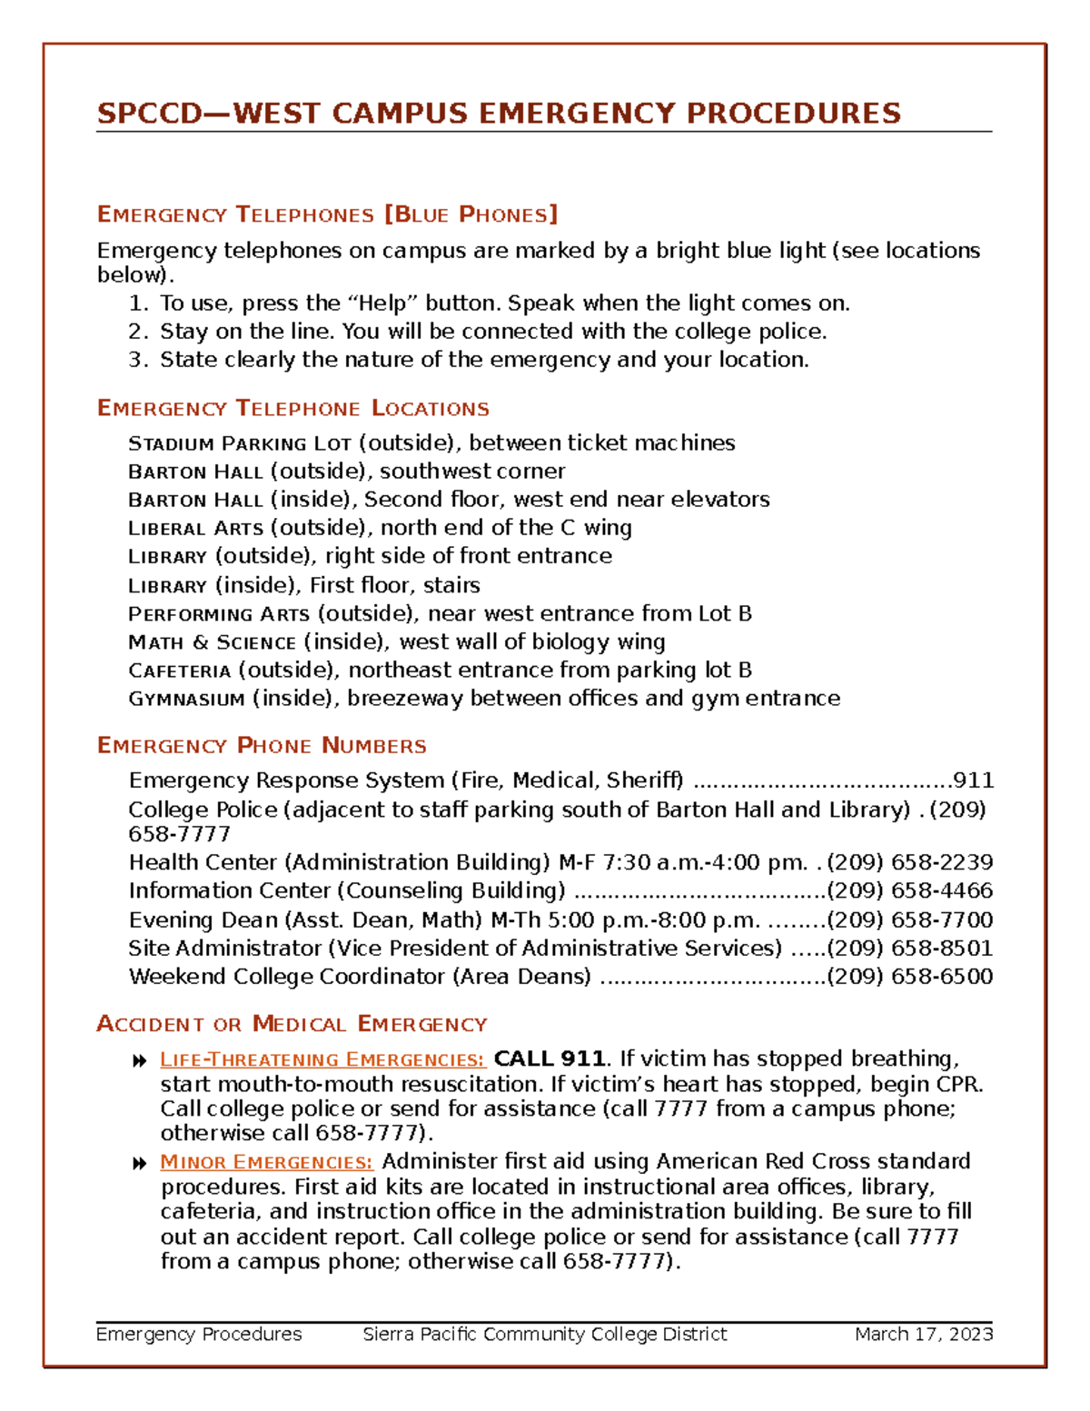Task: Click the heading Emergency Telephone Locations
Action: (x=292, y=409)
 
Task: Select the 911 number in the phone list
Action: (x=973, y=780)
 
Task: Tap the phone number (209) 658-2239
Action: (x=909, y=862)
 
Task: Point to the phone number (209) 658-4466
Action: (x=909, y=890)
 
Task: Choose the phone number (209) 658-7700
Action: (x=909, y=919)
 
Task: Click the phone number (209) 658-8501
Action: (x=909, y=948)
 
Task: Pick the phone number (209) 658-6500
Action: (x=909, y=977)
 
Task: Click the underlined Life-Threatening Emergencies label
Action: (x=322, y=1060)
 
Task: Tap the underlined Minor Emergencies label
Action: (x=266, y=1163)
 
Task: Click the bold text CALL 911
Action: (x=549, y=1059)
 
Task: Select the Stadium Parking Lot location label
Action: (x=240, y=443)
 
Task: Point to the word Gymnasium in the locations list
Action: (x=186, y=700)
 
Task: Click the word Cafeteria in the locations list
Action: (x=180, y=671)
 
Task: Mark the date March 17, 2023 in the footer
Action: (x=923, y=1334)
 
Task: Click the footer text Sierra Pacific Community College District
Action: (x=544, y=1334)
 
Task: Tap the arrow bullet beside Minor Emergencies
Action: (x=139, y=1164)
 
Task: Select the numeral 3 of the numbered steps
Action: (x=135, y=360)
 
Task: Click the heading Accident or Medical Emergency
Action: (x=292, y=1025)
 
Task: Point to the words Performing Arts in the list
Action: (x=219, y=614)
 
